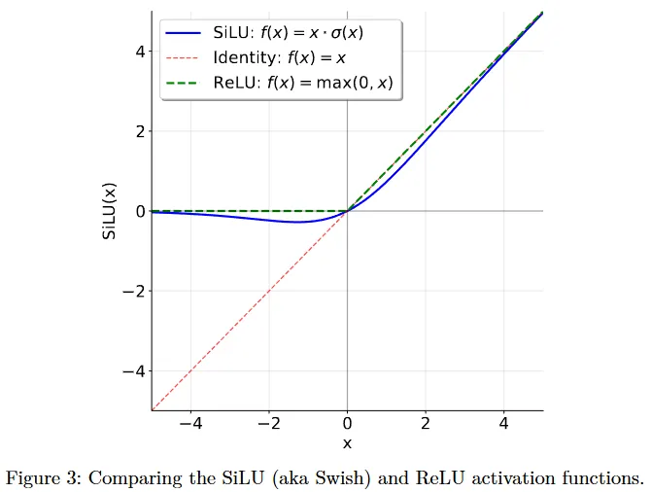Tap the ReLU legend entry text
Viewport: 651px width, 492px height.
click(x=302, y=83)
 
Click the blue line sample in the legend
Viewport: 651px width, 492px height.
click(x=185, y=32)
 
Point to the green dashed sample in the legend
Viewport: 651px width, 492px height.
click(x=185, y=83)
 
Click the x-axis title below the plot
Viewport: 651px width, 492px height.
click(x=347, y=443)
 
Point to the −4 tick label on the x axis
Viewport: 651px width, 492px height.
click(x=190, y=424)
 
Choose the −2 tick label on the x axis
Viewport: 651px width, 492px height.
click(x=268, y=424)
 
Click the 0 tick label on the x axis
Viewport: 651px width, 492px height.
click(x=347, y=424)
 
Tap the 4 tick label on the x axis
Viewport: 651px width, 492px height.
click(x=503, y=424)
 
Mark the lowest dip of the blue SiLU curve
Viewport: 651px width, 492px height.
click(x=297, y=222)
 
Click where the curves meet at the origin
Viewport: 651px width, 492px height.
click(x=347, y=211)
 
